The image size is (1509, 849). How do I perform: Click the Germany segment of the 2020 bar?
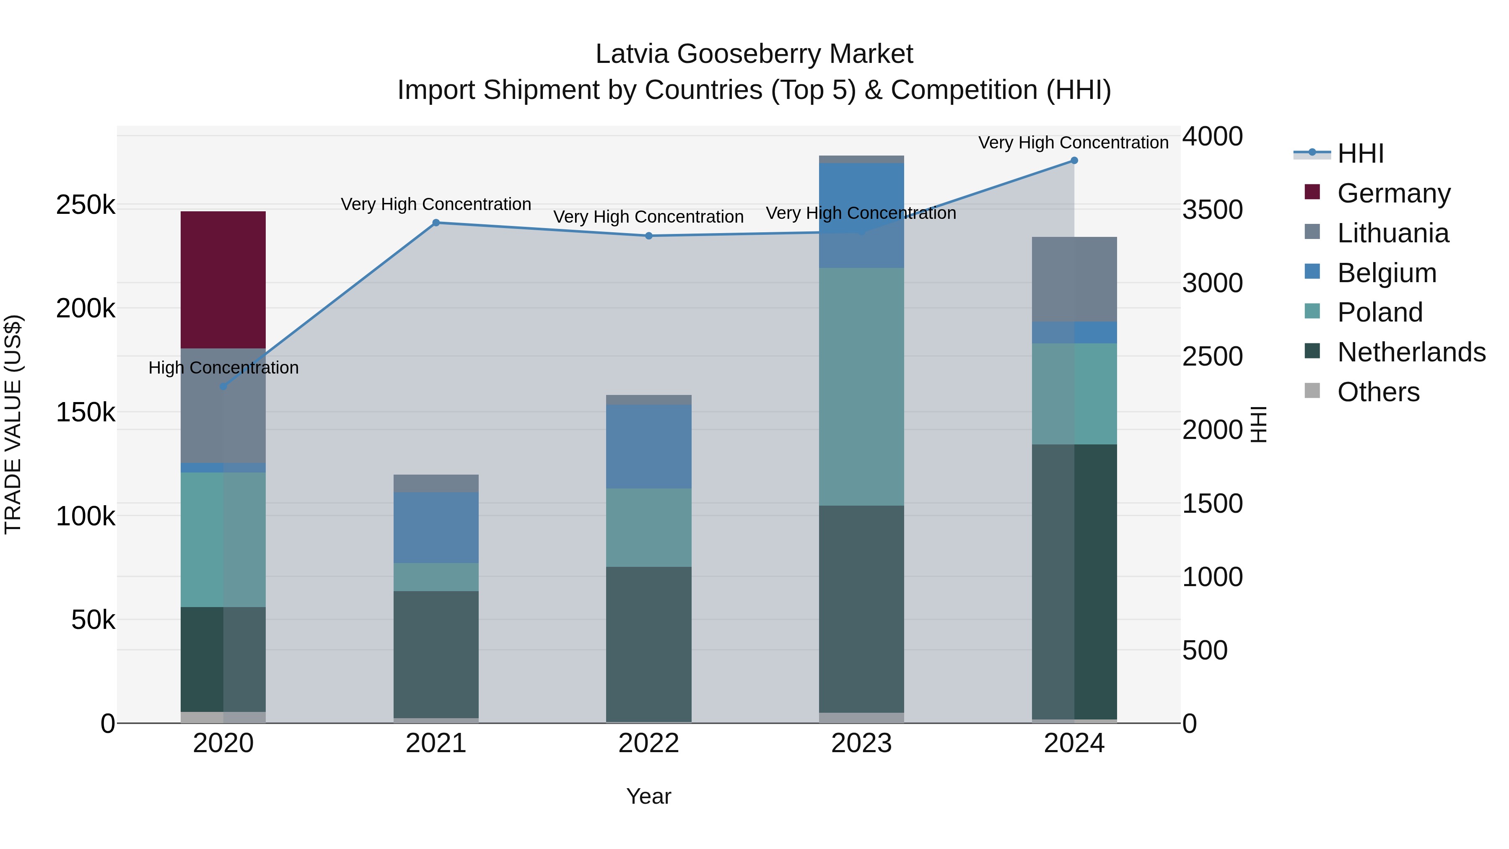point(223,280)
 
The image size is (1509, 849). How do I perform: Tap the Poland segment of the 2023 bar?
point(861,387)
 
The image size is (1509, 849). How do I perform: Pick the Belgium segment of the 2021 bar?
point(436,527)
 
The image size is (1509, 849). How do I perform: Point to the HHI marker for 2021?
point(436,223)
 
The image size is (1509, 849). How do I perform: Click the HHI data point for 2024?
point(1074,161)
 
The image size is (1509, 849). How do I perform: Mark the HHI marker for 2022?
point(648,236)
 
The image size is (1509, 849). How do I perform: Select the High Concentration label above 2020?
point(223,368)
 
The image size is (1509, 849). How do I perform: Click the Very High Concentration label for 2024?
point(1073,143)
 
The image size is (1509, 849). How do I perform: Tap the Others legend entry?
point(1378,392)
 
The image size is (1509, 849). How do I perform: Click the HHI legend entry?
point(1360,153)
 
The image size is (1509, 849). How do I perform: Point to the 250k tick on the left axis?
point(86,205)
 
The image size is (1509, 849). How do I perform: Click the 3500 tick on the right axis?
point(1212,210)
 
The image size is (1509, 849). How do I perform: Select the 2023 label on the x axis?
point(861,743)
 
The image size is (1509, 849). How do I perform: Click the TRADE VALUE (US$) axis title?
point(13,424)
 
